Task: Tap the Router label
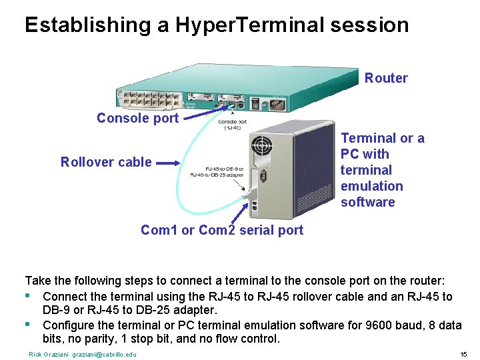tap(386, 78)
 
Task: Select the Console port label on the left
tap(137, 118)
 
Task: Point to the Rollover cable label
tap(106, 162)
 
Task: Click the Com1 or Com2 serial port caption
tap(222, 230)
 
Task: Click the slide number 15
tap(463, 354)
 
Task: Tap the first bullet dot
tap(28, 296)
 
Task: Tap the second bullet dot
tap(28, 325)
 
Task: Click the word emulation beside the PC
tap(371, 186)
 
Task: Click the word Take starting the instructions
tap(37, 281)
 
